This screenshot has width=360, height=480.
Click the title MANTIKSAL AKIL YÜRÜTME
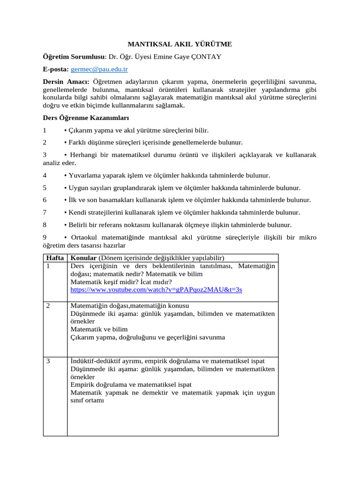[180, 45]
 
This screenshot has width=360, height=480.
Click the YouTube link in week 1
[156, 290]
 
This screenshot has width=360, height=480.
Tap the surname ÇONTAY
[204, 57]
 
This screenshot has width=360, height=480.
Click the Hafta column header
[55, 258]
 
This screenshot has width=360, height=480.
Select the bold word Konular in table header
[83, 258]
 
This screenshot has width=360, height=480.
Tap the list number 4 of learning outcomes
[45, 175]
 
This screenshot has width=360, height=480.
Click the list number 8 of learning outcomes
[45, 225]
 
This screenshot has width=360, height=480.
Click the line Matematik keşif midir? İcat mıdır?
[121, 282]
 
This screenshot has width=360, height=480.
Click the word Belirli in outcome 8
[80, 225]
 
